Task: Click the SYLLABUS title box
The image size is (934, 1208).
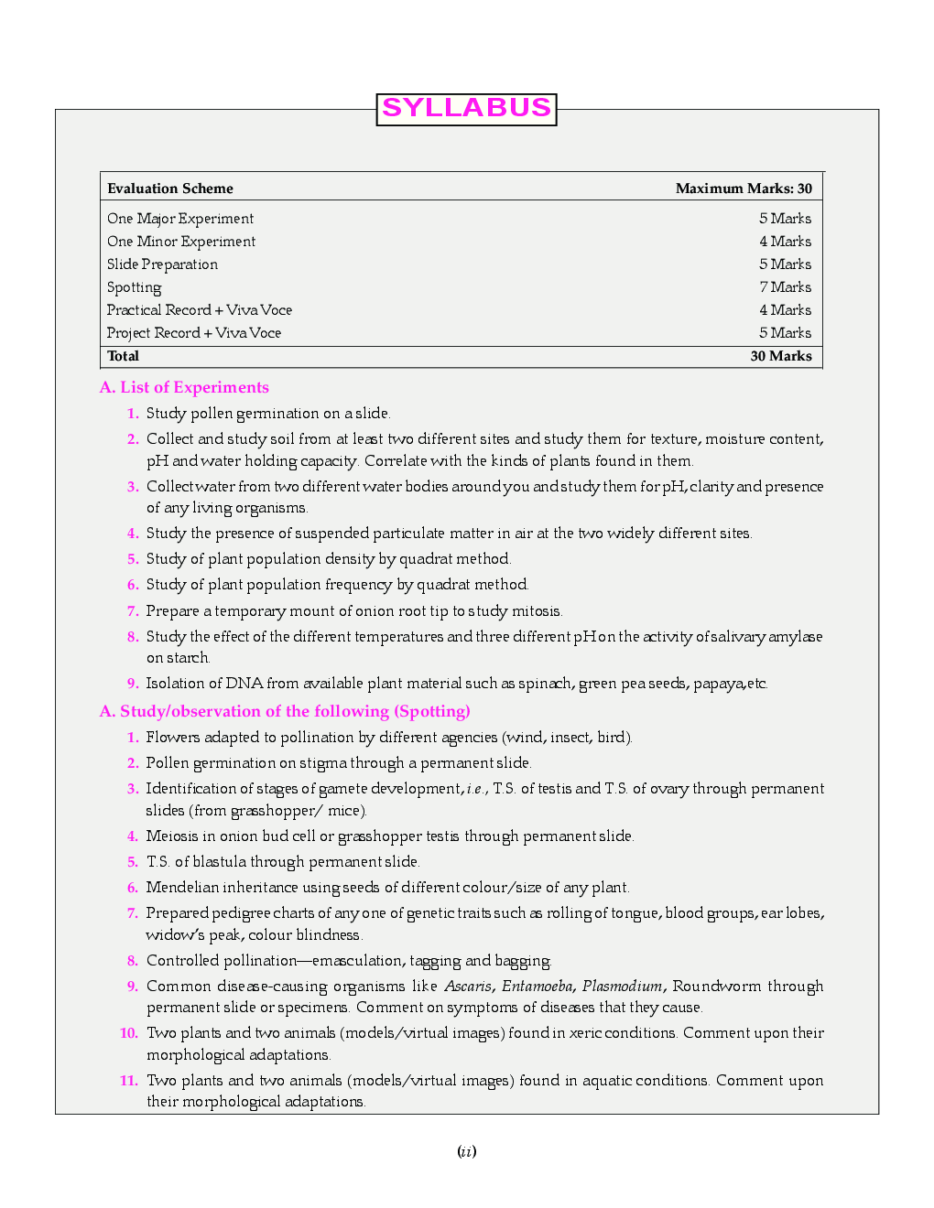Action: click(466, 109)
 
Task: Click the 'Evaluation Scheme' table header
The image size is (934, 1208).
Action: click(170, 189)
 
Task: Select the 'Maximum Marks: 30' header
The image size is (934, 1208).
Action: click(744, 189)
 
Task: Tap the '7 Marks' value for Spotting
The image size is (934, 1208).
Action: click(785, 287)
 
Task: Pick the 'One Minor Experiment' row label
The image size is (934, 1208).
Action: click(181, 242)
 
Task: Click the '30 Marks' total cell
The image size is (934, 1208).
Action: click(780, 356)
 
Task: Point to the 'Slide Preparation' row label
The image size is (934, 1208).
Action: click(162, 264)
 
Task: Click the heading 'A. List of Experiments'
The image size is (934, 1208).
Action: click(184, 387)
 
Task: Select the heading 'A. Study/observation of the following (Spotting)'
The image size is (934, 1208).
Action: click(285, 711)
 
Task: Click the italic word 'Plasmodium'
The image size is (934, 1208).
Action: click(622, 987)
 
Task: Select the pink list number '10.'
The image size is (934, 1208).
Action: click(129, 1033)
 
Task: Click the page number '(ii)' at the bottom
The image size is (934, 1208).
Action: click(467, 1152)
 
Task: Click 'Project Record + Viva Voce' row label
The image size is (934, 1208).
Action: click(194, 333)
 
